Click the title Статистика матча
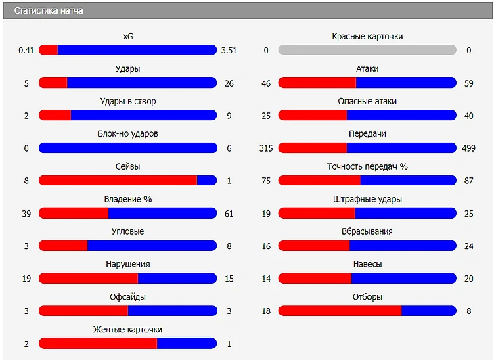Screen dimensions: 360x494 click(x=48, y=11)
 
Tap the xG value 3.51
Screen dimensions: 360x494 click(x=229, y=50)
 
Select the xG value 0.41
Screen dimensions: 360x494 click(x=26, y=50)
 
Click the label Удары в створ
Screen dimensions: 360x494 click(x=127, y=102)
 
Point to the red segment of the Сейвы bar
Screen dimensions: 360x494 click(x=117, y=181)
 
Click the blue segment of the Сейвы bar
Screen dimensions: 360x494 click(x=206, y=181)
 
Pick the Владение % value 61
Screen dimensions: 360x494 click(x=229, y=214)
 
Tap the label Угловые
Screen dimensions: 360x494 click(x=127, y=231)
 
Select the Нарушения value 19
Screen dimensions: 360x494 click(x=26, y=279)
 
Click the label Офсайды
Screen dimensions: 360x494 click(x=127, y=297)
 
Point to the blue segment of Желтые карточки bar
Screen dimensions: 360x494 click(x=186, y=344)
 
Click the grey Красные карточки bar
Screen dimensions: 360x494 click(x=367, y=50)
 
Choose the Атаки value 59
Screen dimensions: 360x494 click(x=468, y=83)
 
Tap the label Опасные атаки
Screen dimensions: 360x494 click(x=367, y=102)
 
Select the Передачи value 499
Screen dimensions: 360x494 click(x=468, y=148)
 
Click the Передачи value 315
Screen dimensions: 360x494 click(x=266, y=148)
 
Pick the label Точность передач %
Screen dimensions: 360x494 click(x=367, y=166)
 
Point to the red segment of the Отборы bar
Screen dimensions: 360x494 click(x=339, y=311)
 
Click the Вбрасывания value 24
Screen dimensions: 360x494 click(x=468, y=246)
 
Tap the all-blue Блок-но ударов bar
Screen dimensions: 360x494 click(x=127, y=148)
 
